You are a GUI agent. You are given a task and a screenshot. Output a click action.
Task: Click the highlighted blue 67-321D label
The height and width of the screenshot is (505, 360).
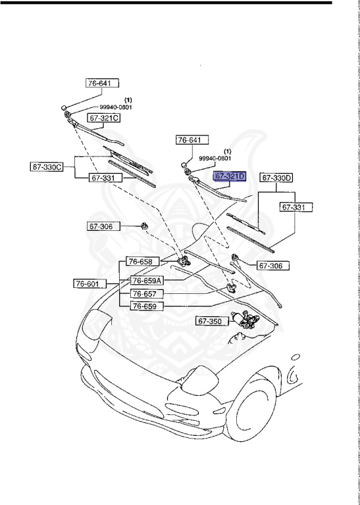229,176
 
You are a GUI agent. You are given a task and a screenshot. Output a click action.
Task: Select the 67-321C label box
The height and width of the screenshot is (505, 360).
103,118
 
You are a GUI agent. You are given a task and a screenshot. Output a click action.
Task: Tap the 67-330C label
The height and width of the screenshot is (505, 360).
47,167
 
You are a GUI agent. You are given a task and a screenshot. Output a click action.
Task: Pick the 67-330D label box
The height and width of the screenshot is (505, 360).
276,178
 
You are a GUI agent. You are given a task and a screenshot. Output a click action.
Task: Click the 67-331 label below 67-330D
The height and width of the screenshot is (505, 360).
296,207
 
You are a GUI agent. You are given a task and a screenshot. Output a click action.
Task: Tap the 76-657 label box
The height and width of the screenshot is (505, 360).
146,293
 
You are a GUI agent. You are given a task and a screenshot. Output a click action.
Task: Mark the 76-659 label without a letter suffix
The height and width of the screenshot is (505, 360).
146,306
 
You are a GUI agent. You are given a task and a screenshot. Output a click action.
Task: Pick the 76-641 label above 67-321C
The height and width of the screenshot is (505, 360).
102,84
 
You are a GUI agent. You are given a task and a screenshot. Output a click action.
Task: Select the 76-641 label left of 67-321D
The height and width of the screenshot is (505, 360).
192,139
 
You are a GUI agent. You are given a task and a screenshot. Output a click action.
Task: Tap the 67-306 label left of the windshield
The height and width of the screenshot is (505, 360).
101,227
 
